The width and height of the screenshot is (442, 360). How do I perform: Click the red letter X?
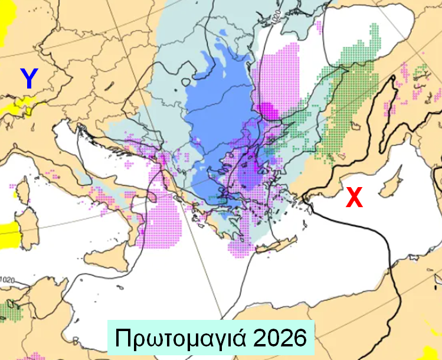(x=354, y=198)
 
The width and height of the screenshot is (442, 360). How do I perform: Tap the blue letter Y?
(x=29, y=78)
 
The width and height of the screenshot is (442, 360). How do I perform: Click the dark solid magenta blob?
(x=266, y=110)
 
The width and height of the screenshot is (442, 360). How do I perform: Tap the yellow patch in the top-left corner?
(x=3, y=24)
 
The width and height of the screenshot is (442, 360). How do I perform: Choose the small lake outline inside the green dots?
(x=355, y=126)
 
